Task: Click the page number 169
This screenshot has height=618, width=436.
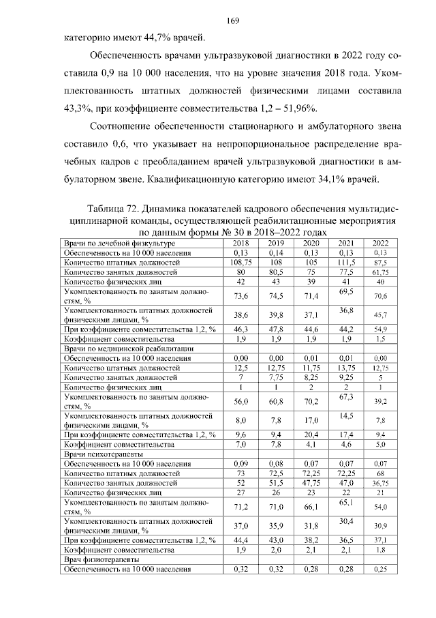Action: point(218,21)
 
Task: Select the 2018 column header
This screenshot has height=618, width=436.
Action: point(240,244)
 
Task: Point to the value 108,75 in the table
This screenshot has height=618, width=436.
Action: point(240,262)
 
